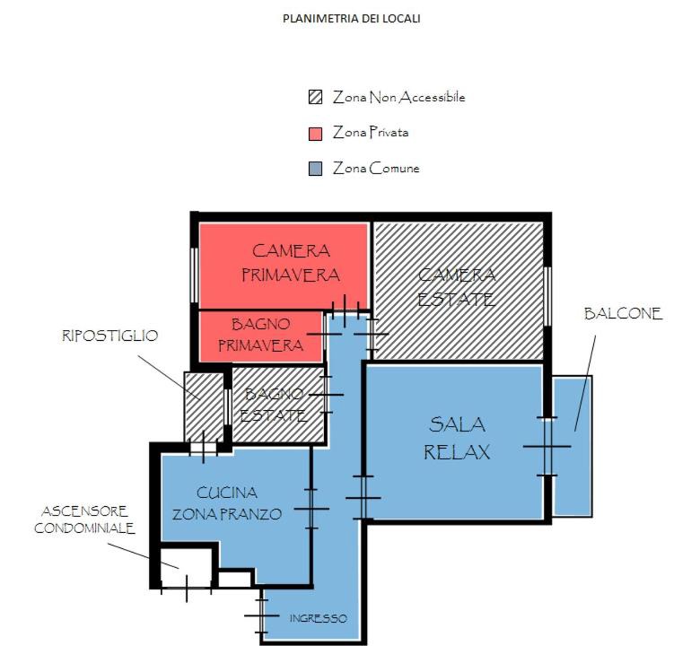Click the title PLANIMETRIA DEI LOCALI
pyautogui.click(x=351, y=19)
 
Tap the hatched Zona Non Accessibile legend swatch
pyautogui.click(x=315, y=97)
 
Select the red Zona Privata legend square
pyautogui.click(x=315, y=133)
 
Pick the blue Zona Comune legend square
pyautogui.click(x=315, y=169)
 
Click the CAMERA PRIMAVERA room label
pyautogui.click(x=291, y=263)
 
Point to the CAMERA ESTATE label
pyautogui.click(x=457, y=287)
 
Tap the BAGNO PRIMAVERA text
pyautogui.click(x=261, y=335)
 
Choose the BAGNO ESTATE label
pyautogui.click(x=274, y=405)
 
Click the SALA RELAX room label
pyautogui.click(x=457, y=439)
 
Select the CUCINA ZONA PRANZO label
pyautogui.click(x=226, y=503)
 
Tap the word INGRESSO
pyautogui.click(x=319, y=618)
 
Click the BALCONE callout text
pyautogui.click(x=623, y=314)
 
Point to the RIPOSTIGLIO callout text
pyautogui.click(x=109, y=336)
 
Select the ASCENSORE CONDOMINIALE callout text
pyautogui.click(x=84, y=520)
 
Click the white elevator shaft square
pyautogui.click(x=186, y=568)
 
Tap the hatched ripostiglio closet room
pyautogui.click(x=204, y=406)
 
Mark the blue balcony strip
pyautogui.click(x=573, y=446)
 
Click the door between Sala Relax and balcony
pyautogui.click(x=547, y=447)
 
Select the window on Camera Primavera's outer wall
pyautogui.click(x=194, y=275)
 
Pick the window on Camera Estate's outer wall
pyautogui.click(x=547, y=296)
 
